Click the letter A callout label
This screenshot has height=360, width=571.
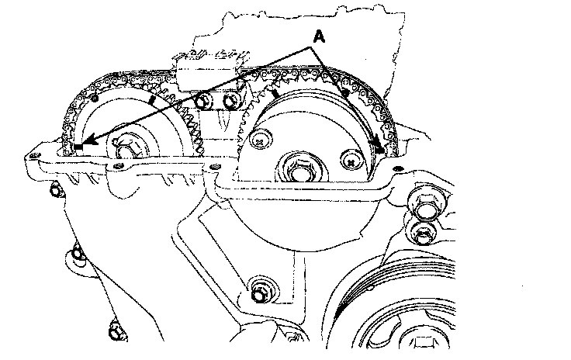click(319, 36)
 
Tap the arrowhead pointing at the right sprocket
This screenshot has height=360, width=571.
click(379, 145)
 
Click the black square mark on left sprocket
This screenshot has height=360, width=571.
click(78, 147)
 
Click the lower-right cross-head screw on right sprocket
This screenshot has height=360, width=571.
click(351, 162)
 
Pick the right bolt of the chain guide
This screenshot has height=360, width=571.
click(230, 101)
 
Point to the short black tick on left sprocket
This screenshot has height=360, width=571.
click(153, 100)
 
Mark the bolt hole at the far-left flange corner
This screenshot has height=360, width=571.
click(34, 156)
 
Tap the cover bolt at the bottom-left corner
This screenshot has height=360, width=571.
click(116, 331)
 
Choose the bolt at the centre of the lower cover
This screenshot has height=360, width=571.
click(260, 293)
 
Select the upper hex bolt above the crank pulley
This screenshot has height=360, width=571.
click(422, 206)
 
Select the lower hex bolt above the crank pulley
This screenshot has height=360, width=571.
click(423, 233)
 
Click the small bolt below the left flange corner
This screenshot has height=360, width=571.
click(56, 190)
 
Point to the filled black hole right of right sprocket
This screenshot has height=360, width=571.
click(399, 168)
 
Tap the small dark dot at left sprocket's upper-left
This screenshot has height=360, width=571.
click(95, 98)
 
